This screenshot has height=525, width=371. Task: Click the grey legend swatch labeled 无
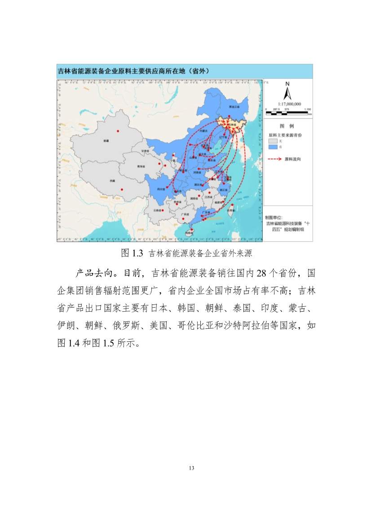(x=272, y=141)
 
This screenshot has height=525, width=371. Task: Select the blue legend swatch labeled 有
(x=272, y=147)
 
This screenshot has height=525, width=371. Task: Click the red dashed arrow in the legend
(x=275, y=159)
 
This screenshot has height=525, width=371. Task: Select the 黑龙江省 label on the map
(x=235, y=107)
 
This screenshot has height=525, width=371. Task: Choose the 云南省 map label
(x=157, y=210)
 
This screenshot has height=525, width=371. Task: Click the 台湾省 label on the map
(x=231, y=210)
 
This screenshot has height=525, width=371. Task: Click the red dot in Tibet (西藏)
(x=122, y=189)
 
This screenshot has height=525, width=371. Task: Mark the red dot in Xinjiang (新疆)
(x=118, y=131)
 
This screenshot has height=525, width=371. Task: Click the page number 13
(x=191, y=468)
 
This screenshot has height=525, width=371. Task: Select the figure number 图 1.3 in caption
(x=132, y=253)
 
